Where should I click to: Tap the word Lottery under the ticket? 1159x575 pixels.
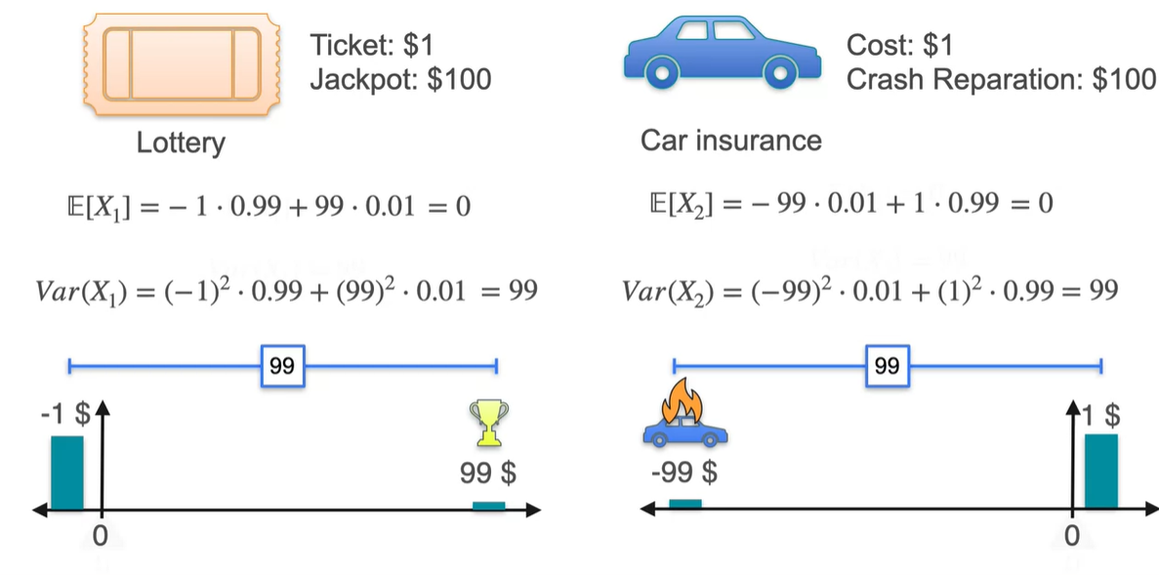pyautogui.click(x=181, y=143)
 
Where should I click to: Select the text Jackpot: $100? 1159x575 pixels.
pyautogui.click(x=400, y=78)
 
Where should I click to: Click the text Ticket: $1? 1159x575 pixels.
pyautogui.click(x=372, y=45)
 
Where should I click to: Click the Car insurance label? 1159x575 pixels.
pyautogui.click(x=730, y=141)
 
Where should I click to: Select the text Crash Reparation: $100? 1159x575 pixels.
pyautogui.click(x=1001, y=78)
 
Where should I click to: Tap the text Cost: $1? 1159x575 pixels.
pyautogui.click(x=899, y=45)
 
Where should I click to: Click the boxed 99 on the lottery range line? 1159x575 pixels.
pyautogui.click(x=282, y=366)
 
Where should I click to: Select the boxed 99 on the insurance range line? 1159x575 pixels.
pyautogui.click(x=887, y=366)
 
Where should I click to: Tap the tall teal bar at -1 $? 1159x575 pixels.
pyautogui.click(x=66, y=472)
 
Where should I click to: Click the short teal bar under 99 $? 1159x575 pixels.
pyautogui.click(x=488, y=505)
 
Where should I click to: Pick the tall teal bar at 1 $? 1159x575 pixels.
pyautogui.click(x=1100, y=472)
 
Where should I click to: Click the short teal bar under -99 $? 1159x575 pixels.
pyautogui.click(x=684, y=504)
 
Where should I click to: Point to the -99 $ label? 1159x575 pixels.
pyautogui.click(x=683, y=474)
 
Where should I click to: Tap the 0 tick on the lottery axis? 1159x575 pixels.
pyautogui.click(x=99, y=536)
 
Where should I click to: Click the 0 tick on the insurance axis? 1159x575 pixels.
pyautogui.click(x=1071, y=536)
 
